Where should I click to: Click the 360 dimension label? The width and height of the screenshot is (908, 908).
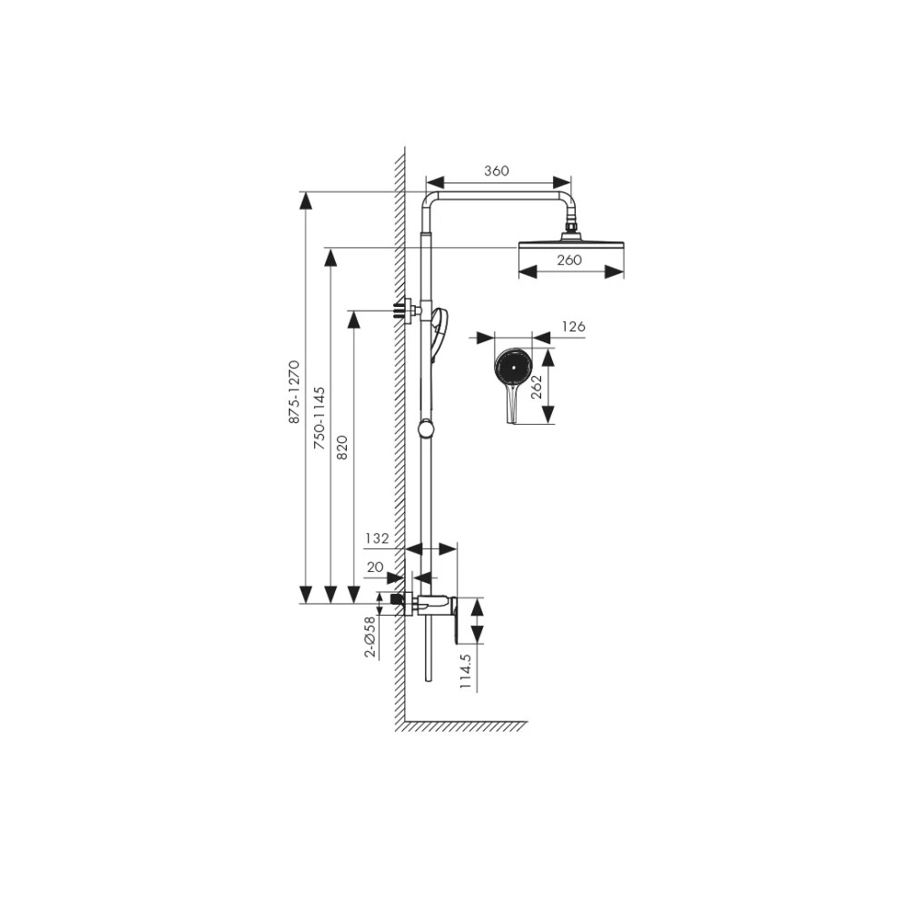pyautogui.click(x=497, y=171)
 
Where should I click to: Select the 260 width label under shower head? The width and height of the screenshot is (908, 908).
pyautogui.click(x=569, y=260)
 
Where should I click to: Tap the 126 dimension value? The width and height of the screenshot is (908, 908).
pyautogui.click(x=573, y=327)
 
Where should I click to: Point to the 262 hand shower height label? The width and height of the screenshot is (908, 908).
pyautogui.click(x=537, y=386)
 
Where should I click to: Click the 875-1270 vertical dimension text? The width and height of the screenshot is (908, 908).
pyautogui.click(x=295, y=392)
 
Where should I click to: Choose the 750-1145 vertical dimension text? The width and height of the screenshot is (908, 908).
pyautogui.click(x=319, y=419)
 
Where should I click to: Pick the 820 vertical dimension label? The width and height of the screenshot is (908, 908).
pyautogui.click(x=342, y=448)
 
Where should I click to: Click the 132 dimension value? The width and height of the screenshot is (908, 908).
pyautogui.click(x=377, y=538)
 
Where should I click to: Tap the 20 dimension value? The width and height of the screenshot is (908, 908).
pyautogui.click(x=375, y=567)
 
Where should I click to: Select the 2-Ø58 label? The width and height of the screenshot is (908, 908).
pyautogui.click(x=370, y=637)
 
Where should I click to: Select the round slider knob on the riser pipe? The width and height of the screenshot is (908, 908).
pyautogui.click(x=426, y=429)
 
